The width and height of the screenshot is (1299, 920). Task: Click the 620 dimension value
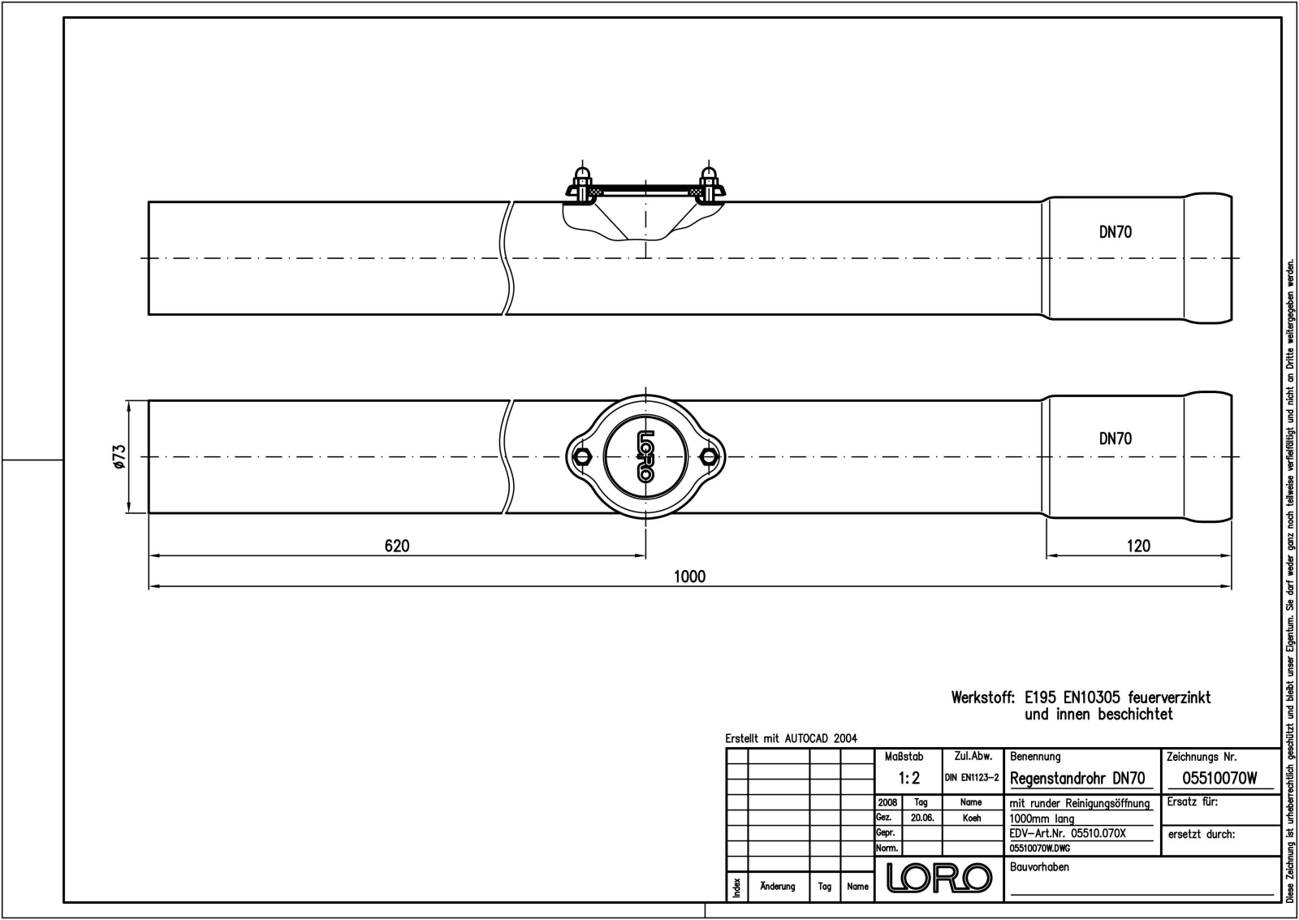pyautogui.click(x=397, y=546)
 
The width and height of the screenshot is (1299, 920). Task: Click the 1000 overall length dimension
pyautogui.click(x=689, y=577)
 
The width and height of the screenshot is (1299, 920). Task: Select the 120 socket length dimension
pyautogui.click(x=1138, y=546)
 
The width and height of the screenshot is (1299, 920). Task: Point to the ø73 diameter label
pyautogui.click(x=119, y=457)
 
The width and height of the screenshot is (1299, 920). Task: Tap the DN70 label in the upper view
pyautogui.click(x=1116, y=232)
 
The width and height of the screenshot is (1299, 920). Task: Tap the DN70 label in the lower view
pyautogui.click(x=1116, y=438)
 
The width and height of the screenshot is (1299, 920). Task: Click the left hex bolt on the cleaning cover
pyautogui.click(x=582, y=456)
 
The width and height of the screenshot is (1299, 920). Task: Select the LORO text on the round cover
pyautogui.click(x=645, y=456)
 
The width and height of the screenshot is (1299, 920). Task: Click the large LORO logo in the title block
pyautogui.click(x=939, y=878)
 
